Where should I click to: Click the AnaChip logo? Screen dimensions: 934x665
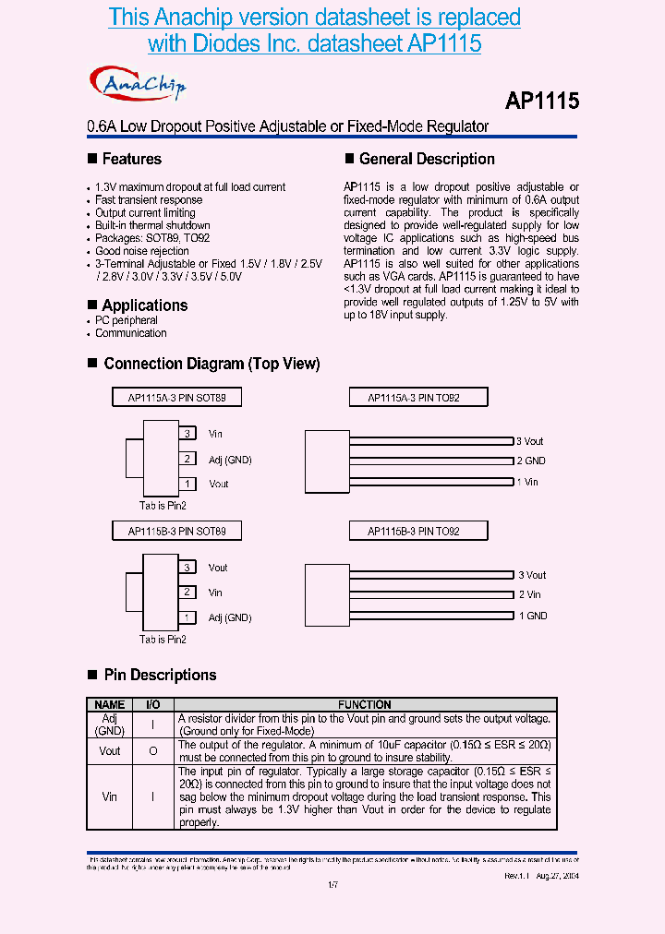(139, 84)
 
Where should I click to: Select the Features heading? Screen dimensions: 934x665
(131, 159)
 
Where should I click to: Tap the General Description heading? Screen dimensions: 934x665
(427, 159)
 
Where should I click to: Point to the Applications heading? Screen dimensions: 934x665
(144, 305)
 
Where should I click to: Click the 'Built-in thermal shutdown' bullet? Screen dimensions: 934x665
(152, 225)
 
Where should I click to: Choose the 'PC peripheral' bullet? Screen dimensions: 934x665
(127, 320)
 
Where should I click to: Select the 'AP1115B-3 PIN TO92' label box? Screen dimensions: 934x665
(417, 532)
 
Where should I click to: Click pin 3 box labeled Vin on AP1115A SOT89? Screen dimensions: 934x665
(187, 434)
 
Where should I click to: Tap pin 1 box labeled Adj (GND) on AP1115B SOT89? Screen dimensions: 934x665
(187, 617)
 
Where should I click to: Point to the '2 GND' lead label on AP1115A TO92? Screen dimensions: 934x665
(530, 461)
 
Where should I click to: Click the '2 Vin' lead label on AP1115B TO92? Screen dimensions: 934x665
(529, 595)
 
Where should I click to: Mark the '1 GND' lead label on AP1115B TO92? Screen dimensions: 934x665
(532, 616)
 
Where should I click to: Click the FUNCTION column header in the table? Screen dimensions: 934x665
(365, 704)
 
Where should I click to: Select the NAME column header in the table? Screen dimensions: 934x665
(110, 704)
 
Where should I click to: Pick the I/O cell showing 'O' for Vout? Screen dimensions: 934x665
(153, 751)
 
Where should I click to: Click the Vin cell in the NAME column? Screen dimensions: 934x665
(110, 796)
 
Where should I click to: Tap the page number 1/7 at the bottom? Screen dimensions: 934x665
(332, 885)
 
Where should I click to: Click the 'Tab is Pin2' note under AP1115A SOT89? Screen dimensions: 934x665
(163, 506)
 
